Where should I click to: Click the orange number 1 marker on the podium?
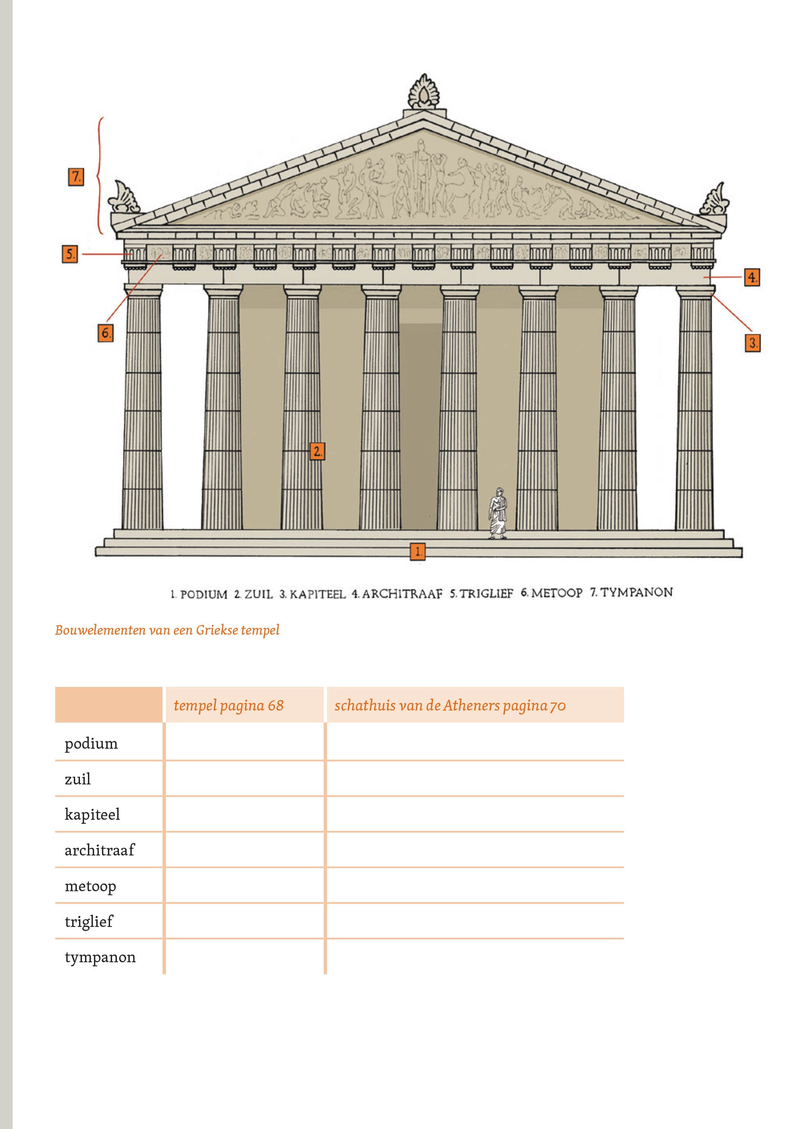pyautogui.click(x=417, y=551)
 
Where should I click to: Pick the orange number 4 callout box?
pyautogui.click(x=751, y=277)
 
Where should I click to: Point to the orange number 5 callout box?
pyautogui.click(x=70, y=254)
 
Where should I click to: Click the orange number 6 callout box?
pyautogui.click(x=105, y=333)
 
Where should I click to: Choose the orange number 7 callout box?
pyautogui.click(x=76, y=177)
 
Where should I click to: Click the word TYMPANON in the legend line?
pyautogui.click(x=636, y=592)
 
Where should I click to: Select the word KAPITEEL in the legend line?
pyautogui.click(x=317, y=594)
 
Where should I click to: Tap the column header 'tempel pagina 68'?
pyautogui.click(x=229, y=705)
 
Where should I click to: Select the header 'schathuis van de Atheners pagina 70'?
pyautogui.click(x=450, y=705)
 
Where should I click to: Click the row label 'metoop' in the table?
pyautogui.click(x=90, y=886)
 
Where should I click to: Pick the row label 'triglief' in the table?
pyautogui.click(x=88, y=921)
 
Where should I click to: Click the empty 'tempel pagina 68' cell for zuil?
pyautogui.click(x=244, y=779)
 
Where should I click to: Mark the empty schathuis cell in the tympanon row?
pyautogui.click(x=475, y=957)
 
